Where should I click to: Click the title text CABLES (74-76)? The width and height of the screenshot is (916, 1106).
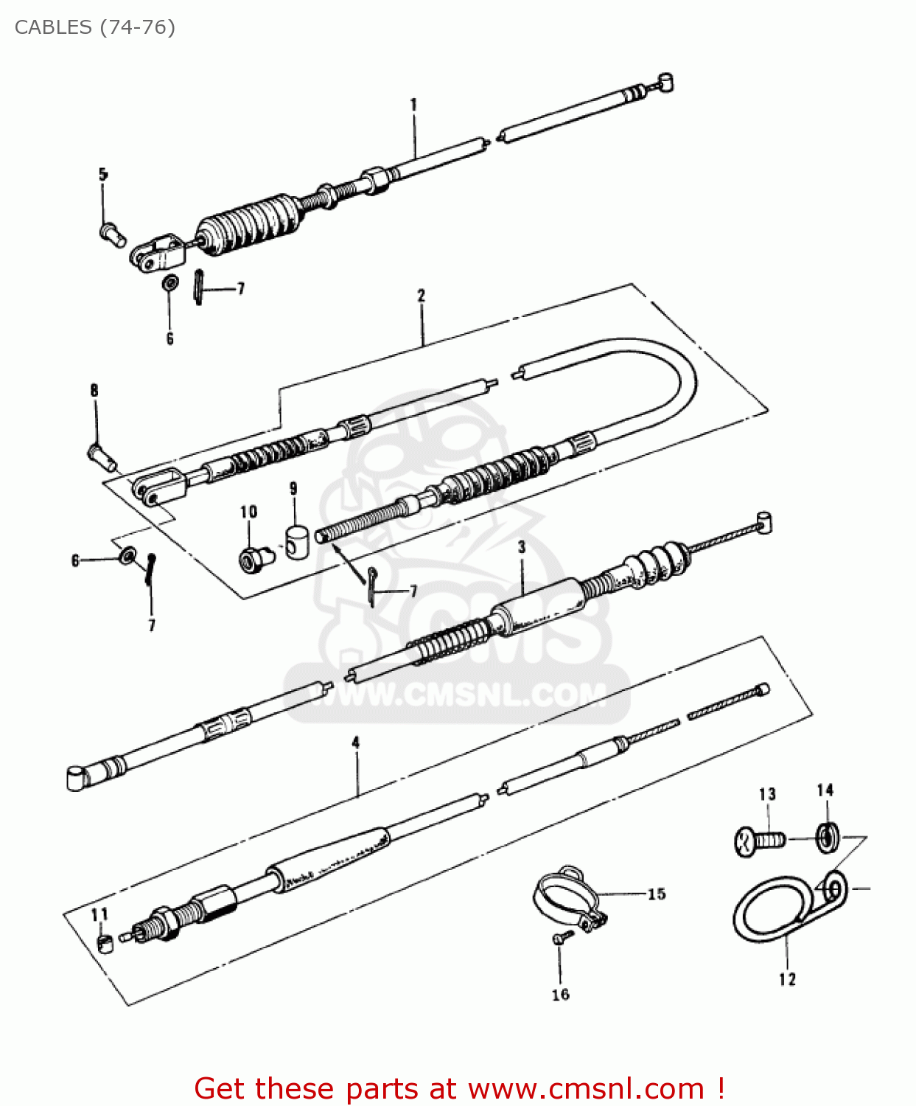coord(94,27)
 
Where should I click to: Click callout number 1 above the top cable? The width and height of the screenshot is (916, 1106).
coord(413,105)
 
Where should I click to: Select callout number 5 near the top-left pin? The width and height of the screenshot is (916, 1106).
coord(103,175)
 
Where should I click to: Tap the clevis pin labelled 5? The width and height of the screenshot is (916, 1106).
coord(112,234)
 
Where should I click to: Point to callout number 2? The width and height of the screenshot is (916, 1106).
coord(422,296)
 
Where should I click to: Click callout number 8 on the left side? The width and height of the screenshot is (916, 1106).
coord(94,390)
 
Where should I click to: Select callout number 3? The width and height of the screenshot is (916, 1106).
coord(522,547)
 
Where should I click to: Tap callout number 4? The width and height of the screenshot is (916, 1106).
coord(356,742)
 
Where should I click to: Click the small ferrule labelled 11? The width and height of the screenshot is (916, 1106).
coord(105,943)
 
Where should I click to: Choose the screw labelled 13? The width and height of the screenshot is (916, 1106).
coord(759,841)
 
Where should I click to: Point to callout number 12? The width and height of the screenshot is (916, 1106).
coord(787,979)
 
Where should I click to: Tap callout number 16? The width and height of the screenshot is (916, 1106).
coord(561,995)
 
